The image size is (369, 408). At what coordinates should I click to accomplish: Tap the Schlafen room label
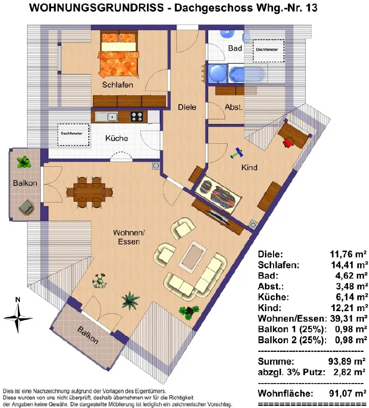tap(117, 85)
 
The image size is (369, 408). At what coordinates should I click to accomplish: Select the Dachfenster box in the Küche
tap(73, 135)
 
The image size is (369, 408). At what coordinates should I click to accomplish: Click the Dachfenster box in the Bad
tap(268, 50)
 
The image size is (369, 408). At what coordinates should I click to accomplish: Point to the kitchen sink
tap(106, 117)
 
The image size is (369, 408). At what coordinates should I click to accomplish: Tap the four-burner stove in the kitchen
tap(137, 117)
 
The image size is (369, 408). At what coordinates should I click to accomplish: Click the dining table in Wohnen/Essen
tap(89, 192)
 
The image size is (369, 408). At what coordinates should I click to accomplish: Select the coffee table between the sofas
tap(192, 257)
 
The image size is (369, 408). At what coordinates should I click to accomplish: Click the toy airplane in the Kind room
tap(237, 153)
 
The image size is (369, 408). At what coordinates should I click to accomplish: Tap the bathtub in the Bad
tap(248, 74)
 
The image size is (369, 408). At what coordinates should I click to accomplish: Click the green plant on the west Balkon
tap(23, 162)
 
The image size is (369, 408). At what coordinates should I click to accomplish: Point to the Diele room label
tap(187, 107)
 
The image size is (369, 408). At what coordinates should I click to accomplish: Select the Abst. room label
tap(234, 107)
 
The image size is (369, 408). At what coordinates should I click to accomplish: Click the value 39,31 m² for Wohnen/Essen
tap(349, 318)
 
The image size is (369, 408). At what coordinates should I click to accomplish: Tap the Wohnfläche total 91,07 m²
tap(348, 393)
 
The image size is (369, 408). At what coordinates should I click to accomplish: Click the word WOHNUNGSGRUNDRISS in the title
tap(96, 8)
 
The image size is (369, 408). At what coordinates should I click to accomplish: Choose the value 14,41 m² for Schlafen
tap(350, 265)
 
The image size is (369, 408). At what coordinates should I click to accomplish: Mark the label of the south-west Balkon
tap(88, 335)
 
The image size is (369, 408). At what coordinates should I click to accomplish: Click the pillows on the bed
tap(119, 38)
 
